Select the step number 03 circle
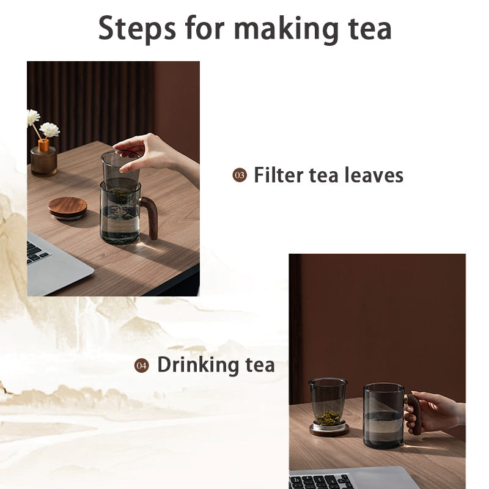[x=239, y=176]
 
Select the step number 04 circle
[x=142, y=366]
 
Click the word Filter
[x=278, y=175]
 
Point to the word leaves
[x=373, y=175]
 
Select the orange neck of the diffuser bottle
[x=43, y=145]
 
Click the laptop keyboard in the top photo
[x=38, y=251]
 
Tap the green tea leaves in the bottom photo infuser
[x=328, y=417]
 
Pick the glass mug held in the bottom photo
[x=383, y=416]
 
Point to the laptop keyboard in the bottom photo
[x=321, y=481]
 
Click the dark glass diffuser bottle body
[x=44, y=161]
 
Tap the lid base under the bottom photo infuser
[x=329, y=430]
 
